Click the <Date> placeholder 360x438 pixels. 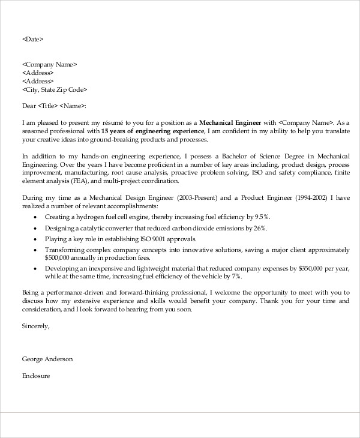[x=32, y=39]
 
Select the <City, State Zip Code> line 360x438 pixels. [x=55, y=89]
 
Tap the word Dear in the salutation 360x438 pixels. [x=29, y=106]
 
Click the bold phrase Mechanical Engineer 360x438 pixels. [x=230, y=122]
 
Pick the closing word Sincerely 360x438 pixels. [x=35, y=326]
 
